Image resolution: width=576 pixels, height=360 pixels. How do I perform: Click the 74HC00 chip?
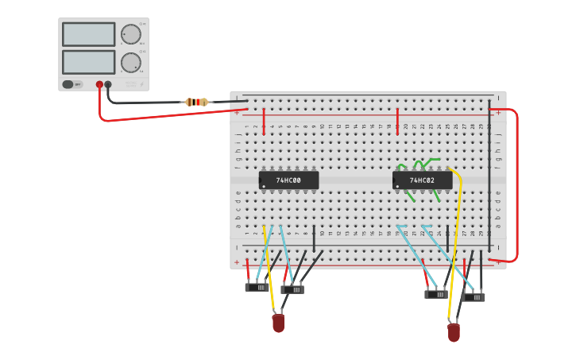click(288, 180)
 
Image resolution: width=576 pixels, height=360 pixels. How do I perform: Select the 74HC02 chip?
click(422, 180)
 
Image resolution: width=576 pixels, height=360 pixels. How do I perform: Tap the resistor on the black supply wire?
click(196, 102)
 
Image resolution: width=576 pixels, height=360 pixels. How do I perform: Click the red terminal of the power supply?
click(99, 84)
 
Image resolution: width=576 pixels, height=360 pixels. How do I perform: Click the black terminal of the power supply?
click(108, 84)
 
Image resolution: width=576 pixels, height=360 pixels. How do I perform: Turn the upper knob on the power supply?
click(130, 34)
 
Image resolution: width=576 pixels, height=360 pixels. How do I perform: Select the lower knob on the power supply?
click(130, 62)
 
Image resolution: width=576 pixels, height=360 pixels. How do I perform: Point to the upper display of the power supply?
click(88, 34)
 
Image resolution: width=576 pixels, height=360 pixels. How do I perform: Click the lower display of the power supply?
click(88, 62)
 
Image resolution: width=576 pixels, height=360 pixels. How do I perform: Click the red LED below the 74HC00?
click(278, 323)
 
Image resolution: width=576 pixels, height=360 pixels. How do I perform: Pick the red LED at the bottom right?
click(454, 332)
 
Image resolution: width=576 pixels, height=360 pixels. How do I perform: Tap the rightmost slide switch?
click(474, 297)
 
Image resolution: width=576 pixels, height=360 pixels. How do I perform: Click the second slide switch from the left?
click(292, 290)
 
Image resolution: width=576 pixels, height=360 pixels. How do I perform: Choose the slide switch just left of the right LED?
click(435, 294)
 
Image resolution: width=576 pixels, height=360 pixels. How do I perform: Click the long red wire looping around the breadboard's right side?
click(516, 183)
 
